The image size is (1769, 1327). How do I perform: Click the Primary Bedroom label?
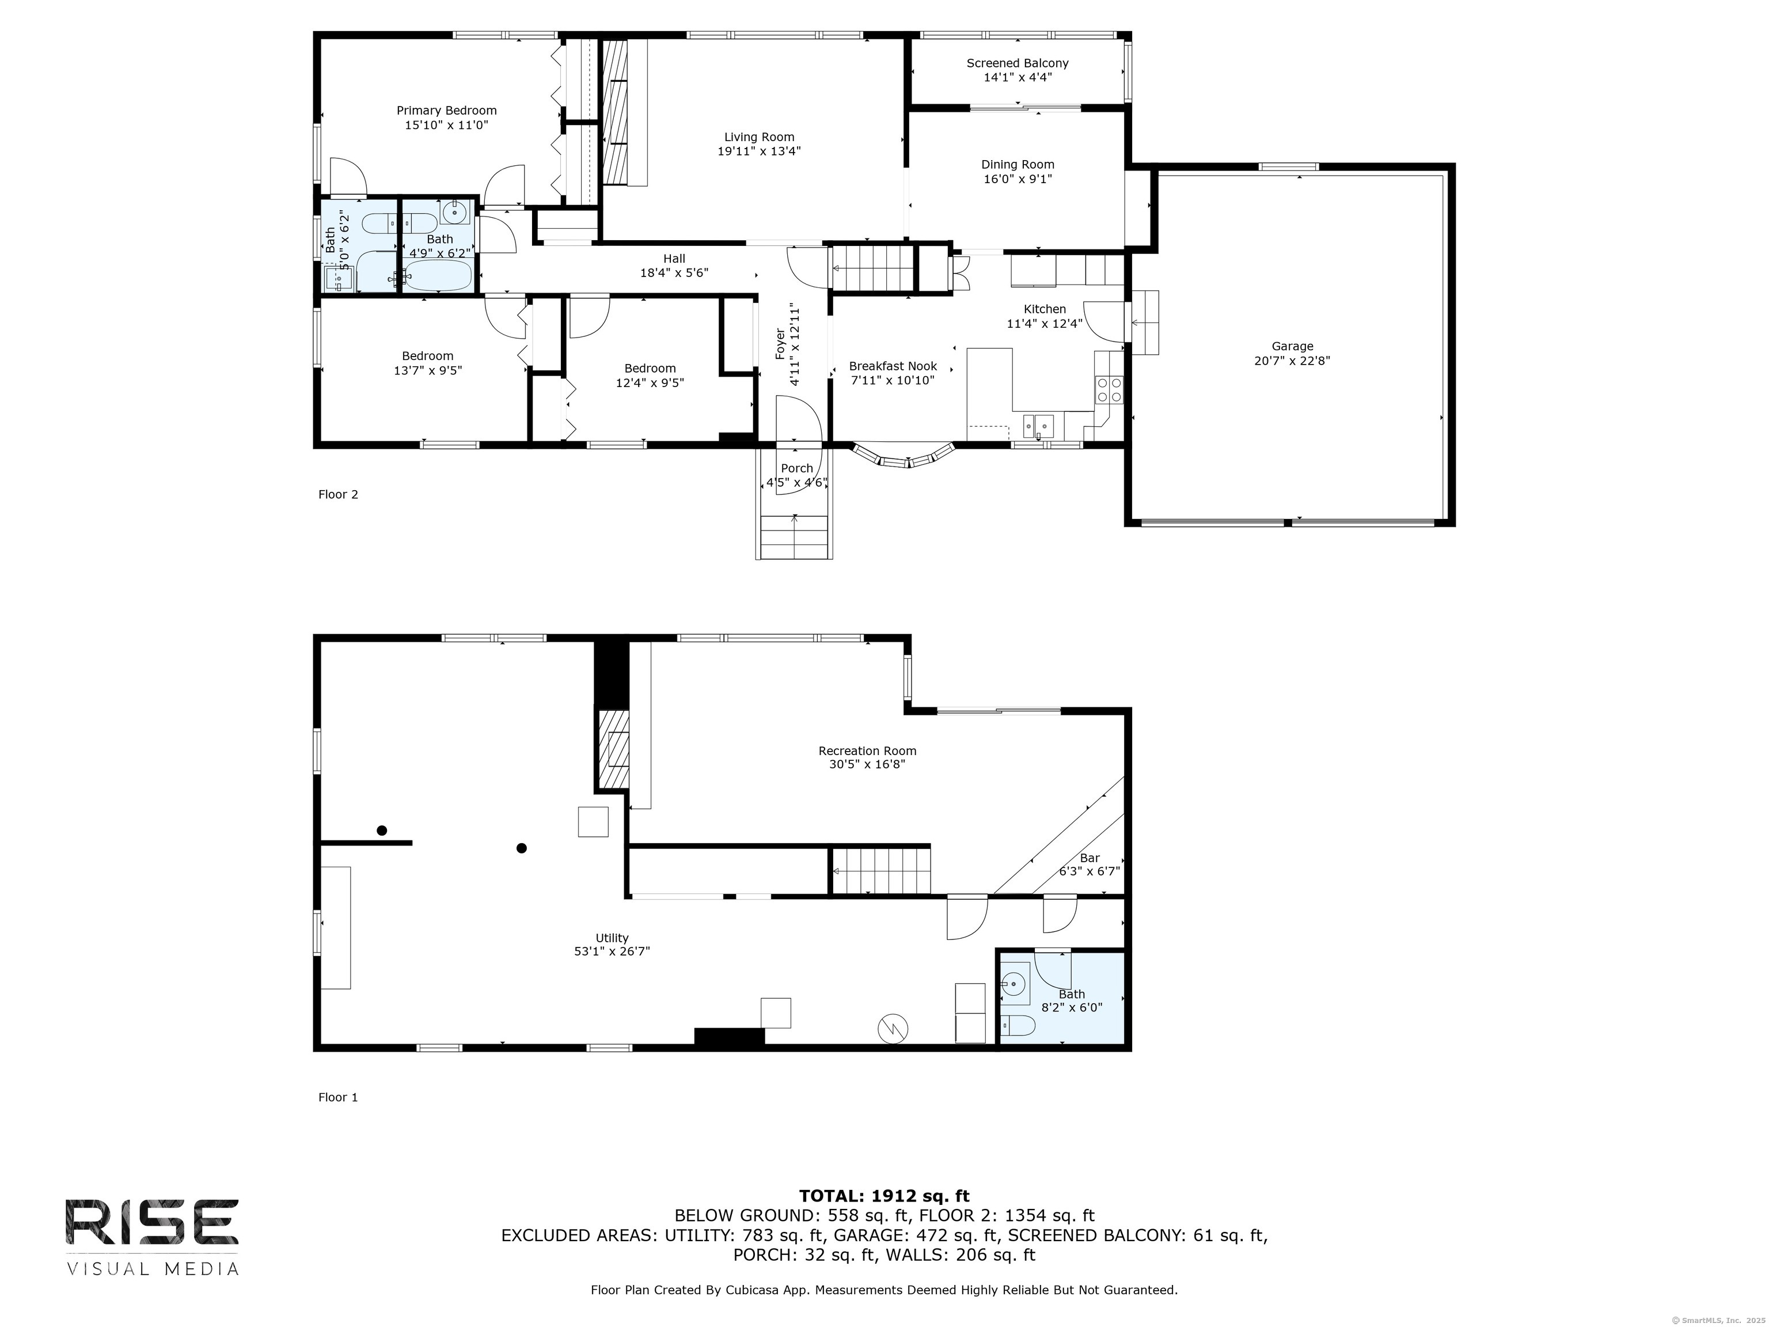pos(446,111)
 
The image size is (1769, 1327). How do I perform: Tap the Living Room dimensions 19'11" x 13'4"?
pos(759,151)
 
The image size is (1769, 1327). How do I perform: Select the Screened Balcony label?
pos(1018,63)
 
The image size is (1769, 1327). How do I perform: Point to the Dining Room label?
pos(1018,165)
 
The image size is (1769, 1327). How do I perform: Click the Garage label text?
pos(1292,346)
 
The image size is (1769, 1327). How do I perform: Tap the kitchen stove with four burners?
pos(1109,389)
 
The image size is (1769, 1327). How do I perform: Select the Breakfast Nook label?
pos(893,366)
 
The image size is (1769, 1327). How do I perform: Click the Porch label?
pos(796,469)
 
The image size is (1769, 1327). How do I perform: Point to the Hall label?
pos(674,259)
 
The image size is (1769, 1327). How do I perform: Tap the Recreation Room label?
pos(867,750)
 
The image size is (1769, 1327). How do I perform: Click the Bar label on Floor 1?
pos(1090,858)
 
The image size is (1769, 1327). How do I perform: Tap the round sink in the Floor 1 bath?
pos(1015,981)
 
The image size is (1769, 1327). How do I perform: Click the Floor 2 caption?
pos(338,494)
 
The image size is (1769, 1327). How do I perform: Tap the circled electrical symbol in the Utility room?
pos(893,1029)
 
